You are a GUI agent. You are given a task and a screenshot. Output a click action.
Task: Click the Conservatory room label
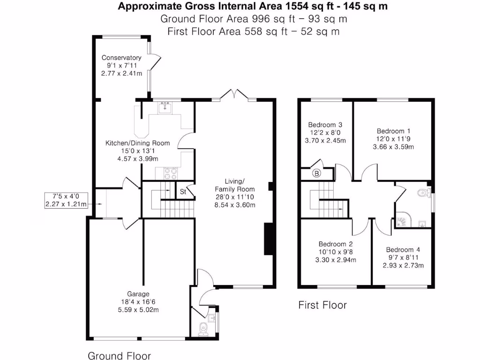click(x=121, y=58)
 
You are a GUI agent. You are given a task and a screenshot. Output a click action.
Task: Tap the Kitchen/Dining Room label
click(x=137, y=143)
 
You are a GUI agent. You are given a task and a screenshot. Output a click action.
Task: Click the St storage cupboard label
click(x=183, y=191)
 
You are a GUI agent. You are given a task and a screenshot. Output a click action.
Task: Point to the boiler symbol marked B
click(x=317, y=173)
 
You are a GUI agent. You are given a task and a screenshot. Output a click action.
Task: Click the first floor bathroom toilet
click(x=424, y=192)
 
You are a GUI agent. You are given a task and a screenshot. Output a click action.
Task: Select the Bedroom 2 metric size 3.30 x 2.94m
click(x=335, y=260)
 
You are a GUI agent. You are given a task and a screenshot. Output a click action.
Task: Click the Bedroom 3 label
click(x=325, y=125)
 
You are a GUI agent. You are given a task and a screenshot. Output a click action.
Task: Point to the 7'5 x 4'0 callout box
click(x=66, y=200)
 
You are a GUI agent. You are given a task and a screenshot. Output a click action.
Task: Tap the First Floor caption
click(x=322, y=306)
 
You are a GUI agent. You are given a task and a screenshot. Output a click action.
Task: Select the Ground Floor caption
click(x=119, y=355)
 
